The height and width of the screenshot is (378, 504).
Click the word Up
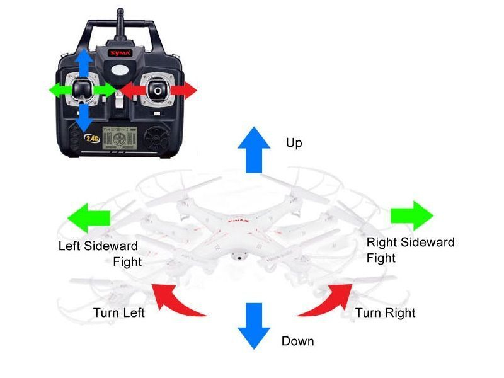click(x=294, y=144)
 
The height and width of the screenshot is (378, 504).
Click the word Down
click(x=297, y=341)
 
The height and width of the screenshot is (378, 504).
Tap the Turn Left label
click(x=118, y=312)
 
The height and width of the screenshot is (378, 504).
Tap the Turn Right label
click(x=385, y=312)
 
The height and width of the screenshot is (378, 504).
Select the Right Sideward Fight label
click(x=410, y=249)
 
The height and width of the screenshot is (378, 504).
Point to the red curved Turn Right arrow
click(x=328, y=299)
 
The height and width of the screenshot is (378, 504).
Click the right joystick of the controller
click(x=156, y=90)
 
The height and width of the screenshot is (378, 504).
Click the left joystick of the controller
click(x=83, y=90)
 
